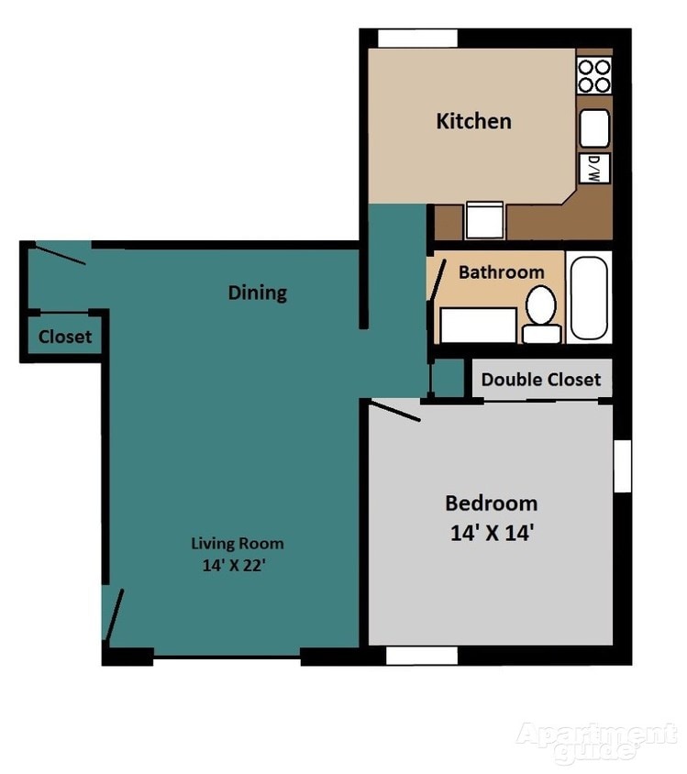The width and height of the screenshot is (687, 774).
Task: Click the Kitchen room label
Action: pyautogui.click(x=473, y=121)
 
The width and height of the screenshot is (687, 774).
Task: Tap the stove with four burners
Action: pyautogui.click(x=593, y=75)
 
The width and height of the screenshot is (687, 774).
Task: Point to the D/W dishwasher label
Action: pyautogui.click(x=593, y=167)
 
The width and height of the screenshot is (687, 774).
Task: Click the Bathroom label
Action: pyautogui.click(x=501, y=272)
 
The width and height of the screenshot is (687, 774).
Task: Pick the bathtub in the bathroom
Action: pyautogui.click(x=588, y=298)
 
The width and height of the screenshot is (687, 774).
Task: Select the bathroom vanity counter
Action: pyautogui.click(x=478, y=325)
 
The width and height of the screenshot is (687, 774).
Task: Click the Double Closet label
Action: pyautogui.click(x=541, y=380)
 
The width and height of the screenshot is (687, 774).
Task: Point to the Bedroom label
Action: pyautogui.click(x=491, y=503)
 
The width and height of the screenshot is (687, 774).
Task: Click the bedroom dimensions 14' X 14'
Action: pyautogui.click(x=491, y=533)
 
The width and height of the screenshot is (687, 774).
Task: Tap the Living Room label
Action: pyautogui.click(x=237, y=543)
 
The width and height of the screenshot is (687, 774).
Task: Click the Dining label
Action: pyautogui.click(x=257, y=293)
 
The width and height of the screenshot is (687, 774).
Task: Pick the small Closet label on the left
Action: pyautogui.click(x=65, y=337)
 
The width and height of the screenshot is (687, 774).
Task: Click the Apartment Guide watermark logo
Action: pyautogui.click(x=596, y=741)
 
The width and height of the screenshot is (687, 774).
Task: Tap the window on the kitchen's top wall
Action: pyautogui.click(x=417, y=39)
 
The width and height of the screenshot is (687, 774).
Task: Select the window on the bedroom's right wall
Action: pyautogui.click(x=623, y=464)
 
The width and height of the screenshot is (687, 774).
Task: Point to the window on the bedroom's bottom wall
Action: pyautogui.click(x=421, y=656)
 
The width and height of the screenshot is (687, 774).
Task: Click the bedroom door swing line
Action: pyautogui.click(x=394, y=412)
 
